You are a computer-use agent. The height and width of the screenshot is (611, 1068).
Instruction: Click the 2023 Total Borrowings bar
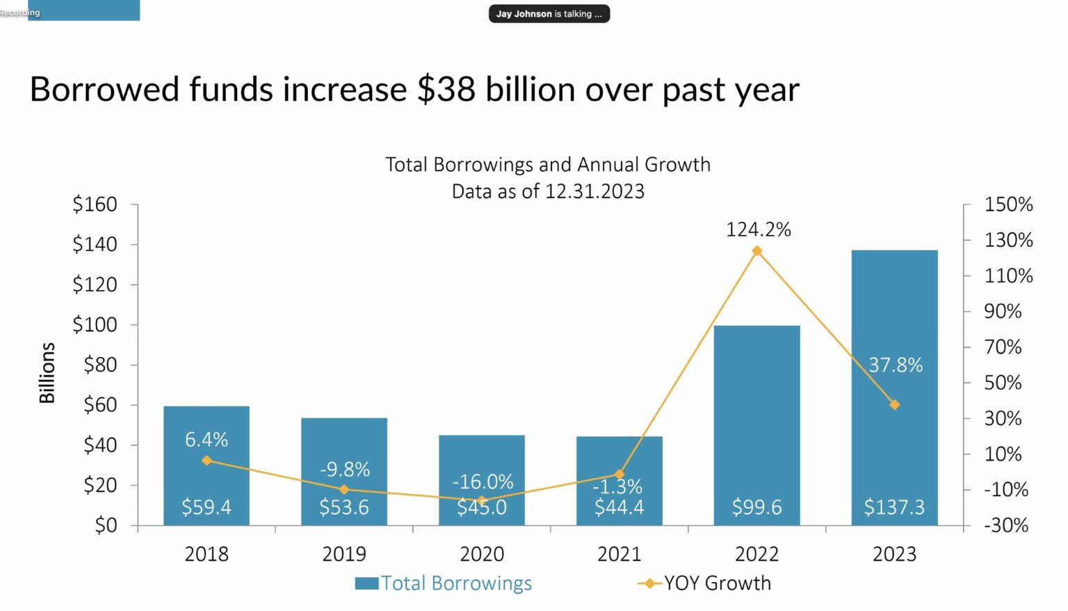click(894, 313)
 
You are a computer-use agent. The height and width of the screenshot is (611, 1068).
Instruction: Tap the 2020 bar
click(481, 459)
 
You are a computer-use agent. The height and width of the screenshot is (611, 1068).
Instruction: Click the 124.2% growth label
click(758, 230)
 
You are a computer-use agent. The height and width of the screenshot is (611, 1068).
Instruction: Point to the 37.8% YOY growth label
click(896, 365)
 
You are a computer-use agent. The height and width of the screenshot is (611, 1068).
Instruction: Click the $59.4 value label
click(206, 507)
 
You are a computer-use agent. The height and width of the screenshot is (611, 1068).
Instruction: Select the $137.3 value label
click(894, 507)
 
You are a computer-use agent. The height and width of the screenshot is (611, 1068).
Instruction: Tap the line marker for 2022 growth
click(756, 251)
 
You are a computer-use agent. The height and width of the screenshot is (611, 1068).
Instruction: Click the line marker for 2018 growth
click(207, 461)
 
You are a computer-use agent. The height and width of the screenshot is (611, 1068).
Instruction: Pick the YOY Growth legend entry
click(704, 583)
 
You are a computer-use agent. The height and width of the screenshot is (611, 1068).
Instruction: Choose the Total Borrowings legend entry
click(443, 583)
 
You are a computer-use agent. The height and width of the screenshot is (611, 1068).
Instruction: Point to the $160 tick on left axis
click(95, 205)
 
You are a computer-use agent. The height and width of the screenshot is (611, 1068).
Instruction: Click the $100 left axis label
click(95, 324)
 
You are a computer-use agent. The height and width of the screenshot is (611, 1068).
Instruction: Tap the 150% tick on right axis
click(1008, 205)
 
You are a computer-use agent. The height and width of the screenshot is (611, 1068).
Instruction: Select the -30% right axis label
click(1005, 525)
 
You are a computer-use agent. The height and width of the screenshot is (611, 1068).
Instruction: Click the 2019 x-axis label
click(343, 554)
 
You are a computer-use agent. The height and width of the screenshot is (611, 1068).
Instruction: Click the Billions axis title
click(47, 372)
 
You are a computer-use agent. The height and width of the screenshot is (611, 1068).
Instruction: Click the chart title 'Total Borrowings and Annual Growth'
click(548, 164)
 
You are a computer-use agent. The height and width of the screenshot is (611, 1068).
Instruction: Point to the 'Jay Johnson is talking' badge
click(549, 14)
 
